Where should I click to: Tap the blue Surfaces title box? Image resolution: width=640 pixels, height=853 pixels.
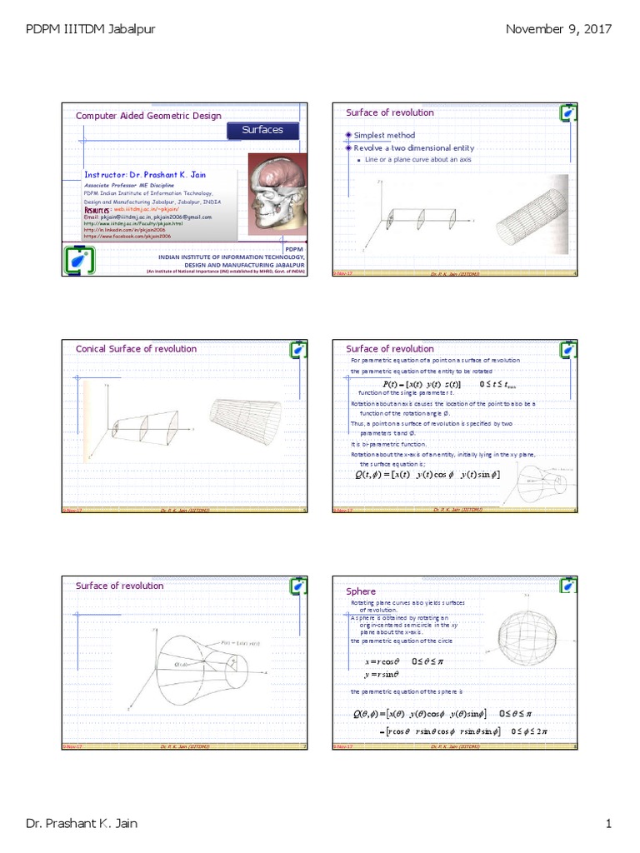click(262, 130)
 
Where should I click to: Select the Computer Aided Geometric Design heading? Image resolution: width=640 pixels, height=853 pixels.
click(148, 116)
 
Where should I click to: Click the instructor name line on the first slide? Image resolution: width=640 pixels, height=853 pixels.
click(144, 175)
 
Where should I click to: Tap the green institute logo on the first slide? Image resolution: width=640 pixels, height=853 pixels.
click(80, 260)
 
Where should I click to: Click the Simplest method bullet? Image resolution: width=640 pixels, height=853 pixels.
click(383, 135)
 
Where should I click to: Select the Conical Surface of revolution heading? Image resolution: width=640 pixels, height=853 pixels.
click(136, 349)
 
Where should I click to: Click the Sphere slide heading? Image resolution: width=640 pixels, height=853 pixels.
click(361, 591)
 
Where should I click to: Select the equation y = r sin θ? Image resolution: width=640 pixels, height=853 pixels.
click(377, 675)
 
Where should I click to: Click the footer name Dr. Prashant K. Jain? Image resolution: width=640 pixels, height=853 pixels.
click(82, 825)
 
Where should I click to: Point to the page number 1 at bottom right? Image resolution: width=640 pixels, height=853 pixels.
click(608, 825)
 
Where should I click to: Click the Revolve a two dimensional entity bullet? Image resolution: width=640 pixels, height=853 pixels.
click(407, 147)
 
